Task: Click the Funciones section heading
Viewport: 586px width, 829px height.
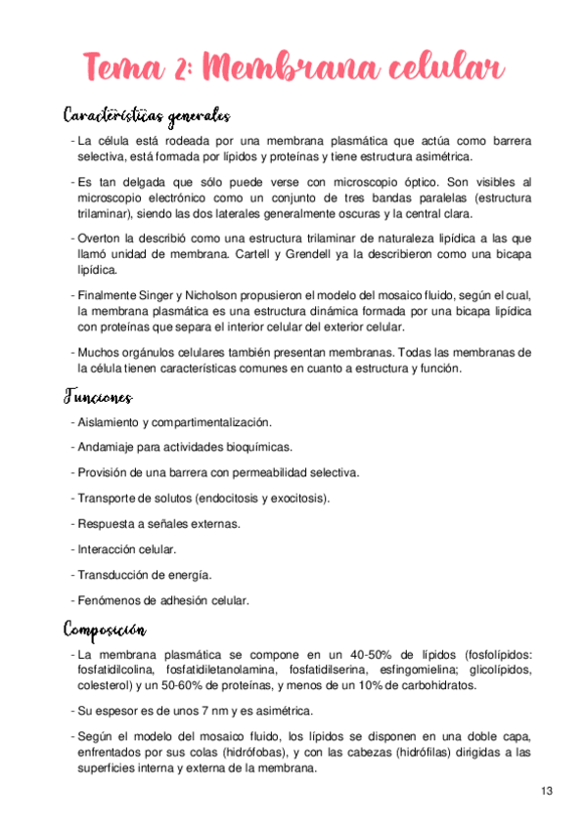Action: click(x=98, y=397)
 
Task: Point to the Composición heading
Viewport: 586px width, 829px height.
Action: click(x=105, y=626)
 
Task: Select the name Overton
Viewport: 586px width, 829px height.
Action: click(x=101, y=238)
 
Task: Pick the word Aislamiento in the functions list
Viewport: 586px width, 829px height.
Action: click(x=111, y=422)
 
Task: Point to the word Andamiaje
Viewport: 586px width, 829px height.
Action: click(x=110, y=448)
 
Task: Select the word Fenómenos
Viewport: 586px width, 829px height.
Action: click(x=108, y=600)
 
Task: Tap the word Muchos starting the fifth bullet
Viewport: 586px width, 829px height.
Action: click(x=103, y=352)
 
